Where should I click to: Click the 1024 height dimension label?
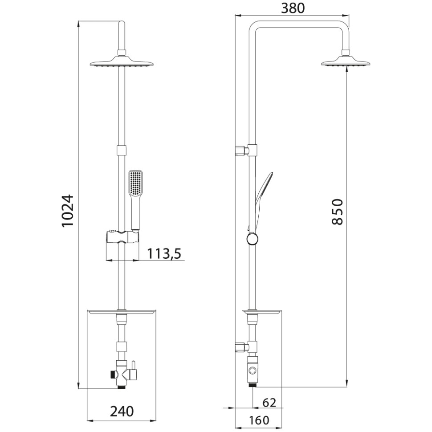(x=68, y=211)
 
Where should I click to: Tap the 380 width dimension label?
(x=293, y=8)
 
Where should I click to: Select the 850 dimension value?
(x=337, y=212)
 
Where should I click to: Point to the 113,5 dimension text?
(x=164, y=253)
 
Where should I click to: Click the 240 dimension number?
(x=122, y=412)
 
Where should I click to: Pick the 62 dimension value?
(x=269, y=403)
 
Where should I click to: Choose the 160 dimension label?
(x=259, y=420)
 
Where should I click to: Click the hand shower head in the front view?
(x=135, y=183)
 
